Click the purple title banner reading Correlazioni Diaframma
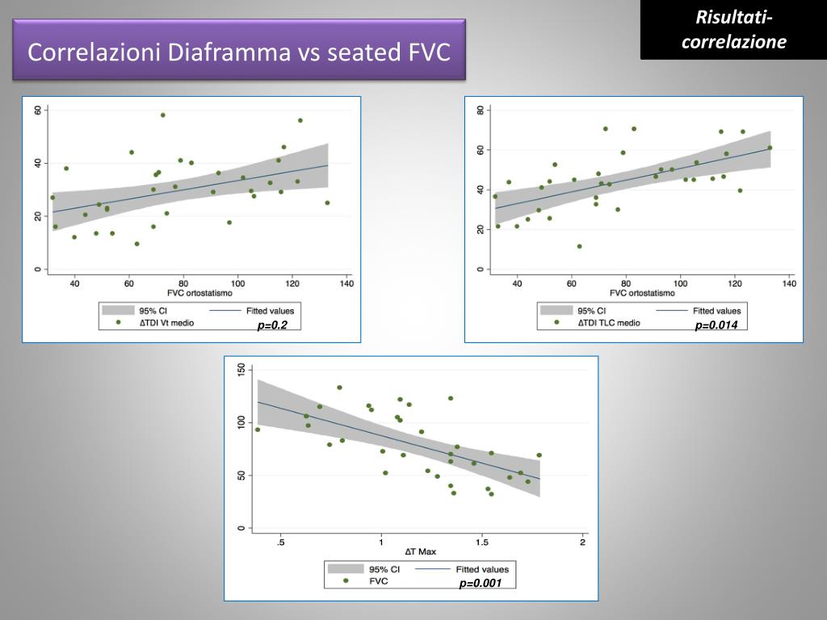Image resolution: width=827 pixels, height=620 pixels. (x=238, y=52)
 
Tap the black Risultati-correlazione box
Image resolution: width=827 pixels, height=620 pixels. (x=733, y=30)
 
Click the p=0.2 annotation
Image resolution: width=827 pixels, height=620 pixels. (x=273, y=325)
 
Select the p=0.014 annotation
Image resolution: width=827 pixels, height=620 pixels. (x=716, y=325)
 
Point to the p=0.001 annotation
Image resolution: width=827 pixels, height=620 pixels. (x=481, y=584)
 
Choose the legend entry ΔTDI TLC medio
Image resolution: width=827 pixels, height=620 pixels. (x=608, y=322)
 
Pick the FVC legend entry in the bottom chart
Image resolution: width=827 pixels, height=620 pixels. (x=379, y=580)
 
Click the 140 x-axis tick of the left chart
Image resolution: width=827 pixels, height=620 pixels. (x=346, y=283)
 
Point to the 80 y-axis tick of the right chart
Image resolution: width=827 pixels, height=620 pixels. (x=480, y=110)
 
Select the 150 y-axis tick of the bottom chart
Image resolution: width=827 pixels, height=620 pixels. (x=240, y=369)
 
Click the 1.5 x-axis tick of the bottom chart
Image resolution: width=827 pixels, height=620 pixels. (x=481, y=542)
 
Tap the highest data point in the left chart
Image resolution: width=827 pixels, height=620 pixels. (x=162, y=115)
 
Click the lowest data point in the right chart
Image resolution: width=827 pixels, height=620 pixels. (x=579, y=246)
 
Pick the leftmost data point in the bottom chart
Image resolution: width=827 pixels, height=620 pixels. (x=258, y=429)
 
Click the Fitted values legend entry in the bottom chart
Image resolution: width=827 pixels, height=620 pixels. (x=482, y=569)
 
